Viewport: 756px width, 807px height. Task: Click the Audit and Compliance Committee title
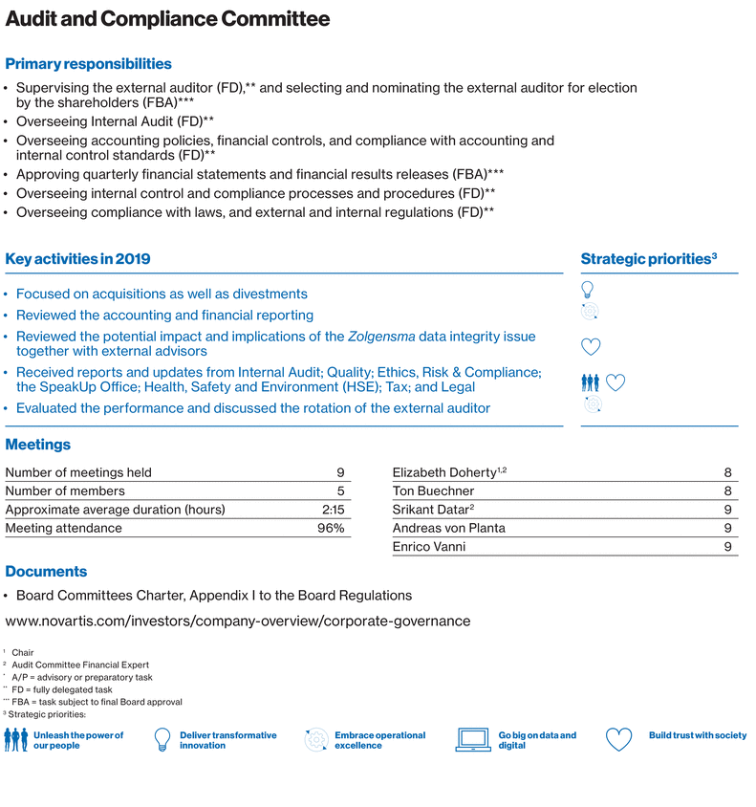(168, 19)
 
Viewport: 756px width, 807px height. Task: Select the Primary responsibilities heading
(89, 64)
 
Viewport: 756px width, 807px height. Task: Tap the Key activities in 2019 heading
(77, 259)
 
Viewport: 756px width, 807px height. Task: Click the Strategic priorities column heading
(649, 259)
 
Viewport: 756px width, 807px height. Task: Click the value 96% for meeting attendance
(331, 528)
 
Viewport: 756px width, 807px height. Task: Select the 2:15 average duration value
(333, 510)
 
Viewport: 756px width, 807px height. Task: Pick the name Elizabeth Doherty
(444, 472)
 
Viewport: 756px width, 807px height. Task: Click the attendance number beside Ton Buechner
(728, 491)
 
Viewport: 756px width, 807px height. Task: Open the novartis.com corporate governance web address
(238, 621)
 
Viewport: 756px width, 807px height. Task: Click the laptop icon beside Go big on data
(473, 740)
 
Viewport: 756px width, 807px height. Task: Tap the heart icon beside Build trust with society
(619, 740)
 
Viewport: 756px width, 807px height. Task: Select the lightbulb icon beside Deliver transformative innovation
(162, 740)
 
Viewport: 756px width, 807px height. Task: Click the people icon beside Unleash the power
(16, 740)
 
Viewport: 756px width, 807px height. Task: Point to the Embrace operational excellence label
(379, 740)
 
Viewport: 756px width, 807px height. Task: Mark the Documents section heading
(46, 572)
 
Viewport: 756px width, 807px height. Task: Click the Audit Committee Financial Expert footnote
(80, 665)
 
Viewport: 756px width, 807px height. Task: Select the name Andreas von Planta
(449, 528)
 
